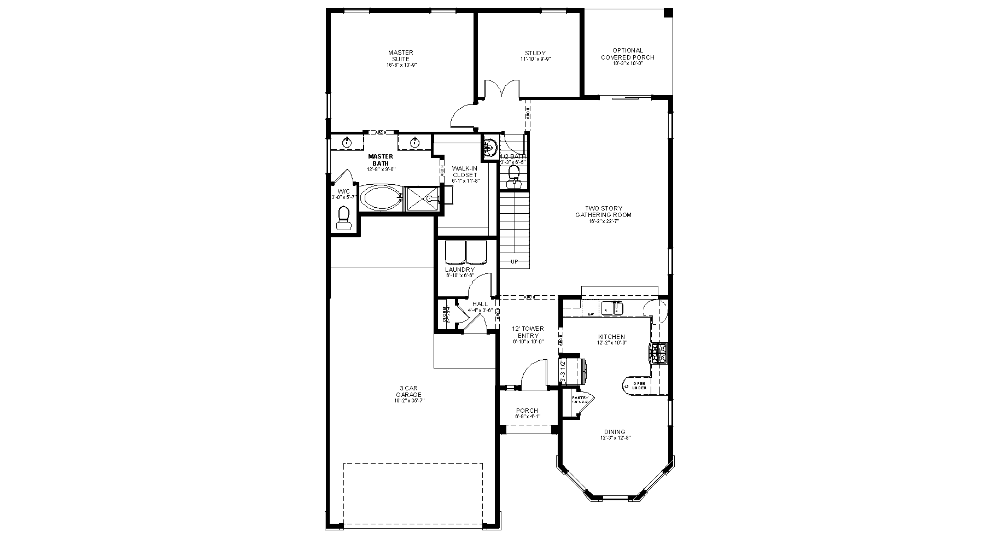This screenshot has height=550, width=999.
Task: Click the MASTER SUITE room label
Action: (400, 56)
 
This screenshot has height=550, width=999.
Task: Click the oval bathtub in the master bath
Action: (380, 198)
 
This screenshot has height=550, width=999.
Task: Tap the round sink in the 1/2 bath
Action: (490, 147)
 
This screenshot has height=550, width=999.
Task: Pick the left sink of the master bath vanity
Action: (347, 143)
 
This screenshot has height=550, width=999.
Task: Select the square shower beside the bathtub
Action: (422, 198)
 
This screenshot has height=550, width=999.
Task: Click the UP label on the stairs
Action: (514, 262)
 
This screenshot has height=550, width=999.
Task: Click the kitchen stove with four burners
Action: (658, 353)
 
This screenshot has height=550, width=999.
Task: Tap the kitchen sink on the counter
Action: (612, 308)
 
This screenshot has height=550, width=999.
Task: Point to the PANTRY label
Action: (580, 397)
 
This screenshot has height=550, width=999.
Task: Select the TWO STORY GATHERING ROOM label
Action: (603, 212)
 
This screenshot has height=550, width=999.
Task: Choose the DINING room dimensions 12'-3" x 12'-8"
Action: (615, 438)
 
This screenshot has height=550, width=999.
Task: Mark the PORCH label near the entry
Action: (527, 411)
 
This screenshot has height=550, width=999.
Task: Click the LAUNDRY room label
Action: (459, 270)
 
